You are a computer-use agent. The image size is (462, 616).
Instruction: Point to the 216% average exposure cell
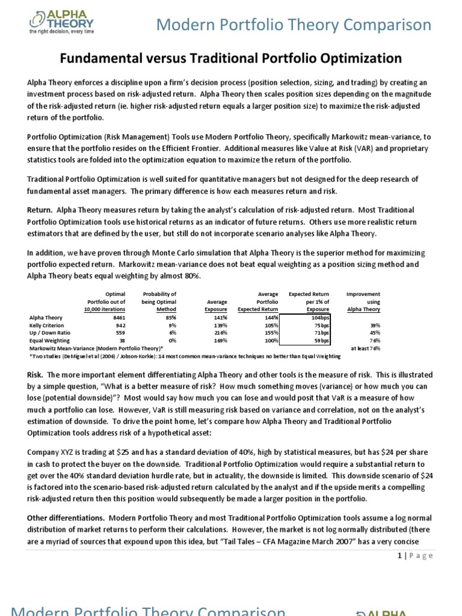(219, 331)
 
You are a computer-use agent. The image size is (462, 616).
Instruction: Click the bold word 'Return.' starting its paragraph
(40, 210)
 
